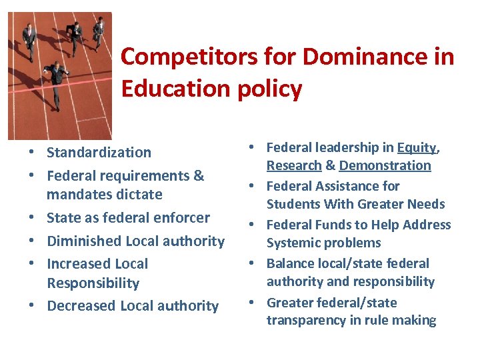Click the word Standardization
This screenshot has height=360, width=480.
tap(99, 153)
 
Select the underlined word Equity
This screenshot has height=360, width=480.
tap(417, 147)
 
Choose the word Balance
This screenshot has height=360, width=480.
tap(291, 263)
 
